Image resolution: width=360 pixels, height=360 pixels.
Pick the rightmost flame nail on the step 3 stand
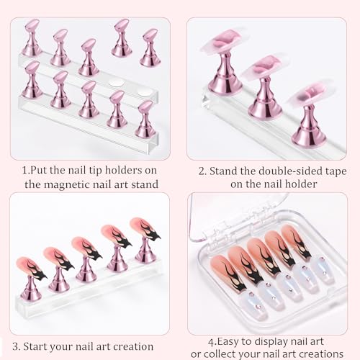click(145, 230)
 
